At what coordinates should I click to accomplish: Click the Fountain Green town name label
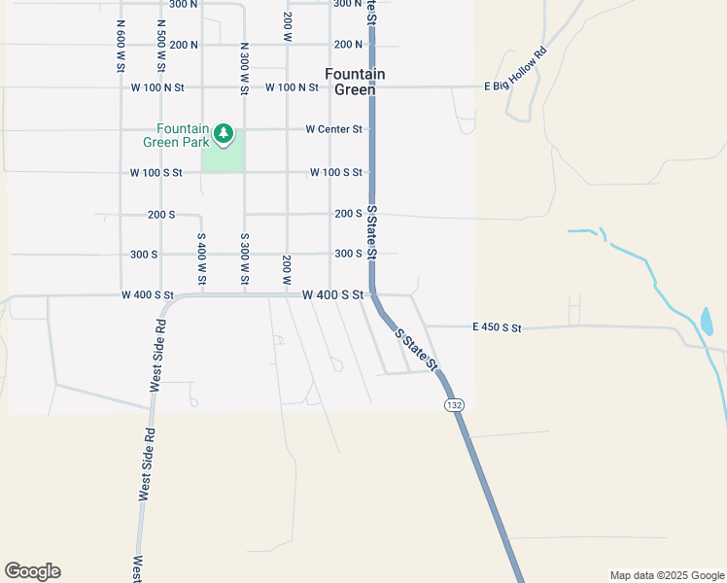point(355,82)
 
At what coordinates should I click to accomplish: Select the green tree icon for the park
point(225,132)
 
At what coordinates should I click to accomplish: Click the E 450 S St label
point(498,328)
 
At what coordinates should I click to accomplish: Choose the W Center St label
point(333,128)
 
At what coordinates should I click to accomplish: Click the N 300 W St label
point(244,68)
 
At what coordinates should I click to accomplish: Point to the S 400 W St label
point(201,259)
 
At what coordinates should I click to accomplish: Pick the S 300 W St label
point(244,259)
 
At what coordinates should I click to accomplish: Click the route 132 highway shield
point(453,403)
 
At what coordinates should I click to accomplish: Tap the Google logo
point(32,571)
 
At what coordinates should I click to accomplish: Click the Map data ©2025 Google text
point(666,575)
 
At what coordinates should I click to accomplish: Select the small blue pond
point(707,321)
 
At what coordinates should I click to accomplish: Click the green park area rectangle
point(223,155)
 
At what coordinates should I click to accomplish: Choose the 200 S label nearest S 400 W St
point(161,214)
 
